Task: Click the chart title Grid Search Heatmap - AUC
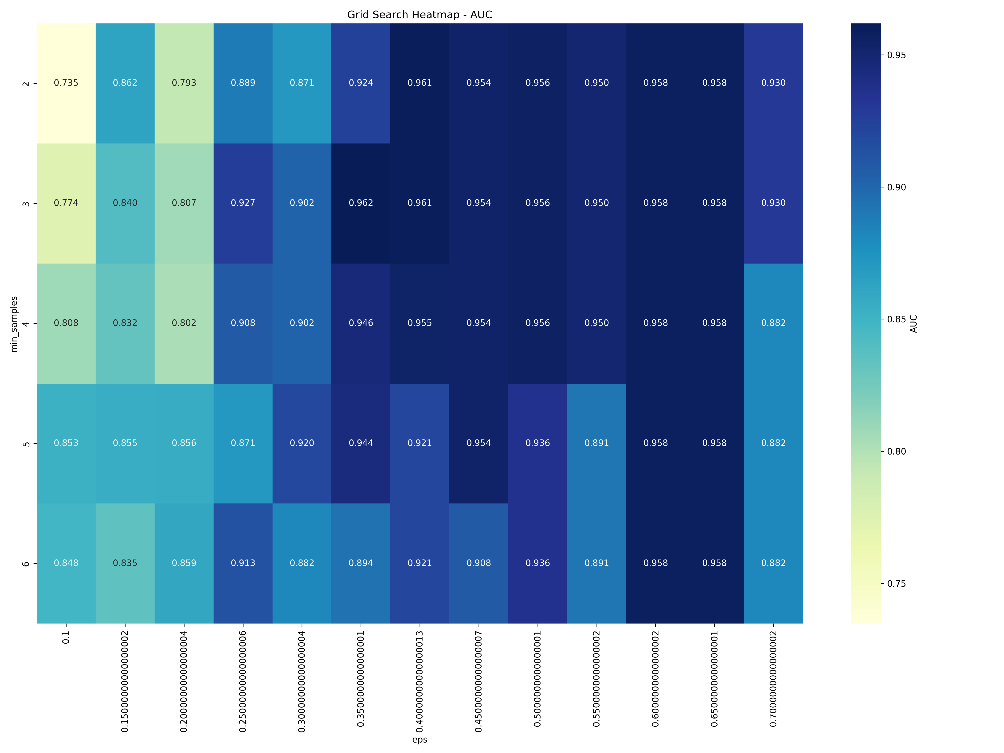(419, 14)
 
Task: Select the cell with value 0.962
(361, 203)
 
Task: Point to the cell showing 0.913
(243, 563)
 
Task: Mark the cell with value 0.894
(361, 563)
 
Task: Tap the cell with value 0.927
(243, 203)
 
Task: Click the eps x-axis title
(419, 739)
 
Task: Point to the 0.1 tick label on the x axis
(66, 637)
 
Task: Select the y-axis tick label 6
(26, 563)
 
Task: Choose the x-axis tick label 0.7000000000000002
(773, 679)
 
